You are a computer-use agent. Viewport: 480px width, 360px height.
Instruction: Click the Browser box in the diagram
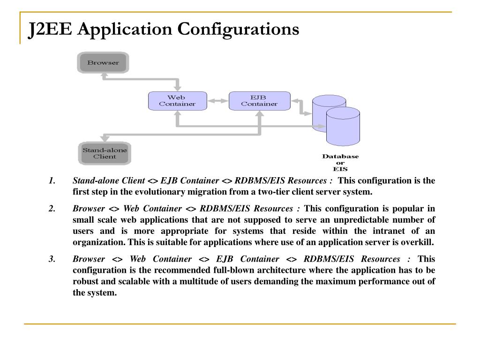pyautogui.click(x=103, y=63)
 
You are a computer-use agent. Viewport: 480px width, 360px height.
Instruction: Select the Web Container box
pyautogui.click(x=177, y=101)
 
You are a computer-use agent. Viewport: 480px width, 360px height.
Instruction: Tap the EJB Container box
pyautogui.click(x=259, y=101)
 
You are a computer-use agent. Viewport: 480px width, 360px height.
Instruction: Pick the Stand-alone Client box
pyautogui.click(x=105, y=153)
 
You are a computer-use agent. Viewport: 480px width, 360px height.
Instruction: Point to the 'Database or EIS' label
pyautogui.click(x=340, y=163)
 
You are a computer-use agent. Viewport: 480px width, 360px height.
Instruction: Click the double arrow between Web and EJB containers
pyautogui.click(x=217, y=101)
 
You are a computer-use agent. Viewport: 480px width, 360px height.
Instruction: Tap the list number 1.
pyautogui.click(x=52, y=181)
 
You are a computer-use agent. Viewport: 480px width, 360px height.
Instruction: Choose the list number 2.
pyautogui.click(x=52, y=209)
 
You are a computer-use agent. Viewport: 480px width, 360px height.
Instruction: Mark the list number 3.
pyautogui.click(x=52, y=259)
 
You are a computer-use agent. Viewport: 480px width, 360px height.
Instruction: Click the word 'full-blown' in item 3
pyautogui.click(x=268, y=270)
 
